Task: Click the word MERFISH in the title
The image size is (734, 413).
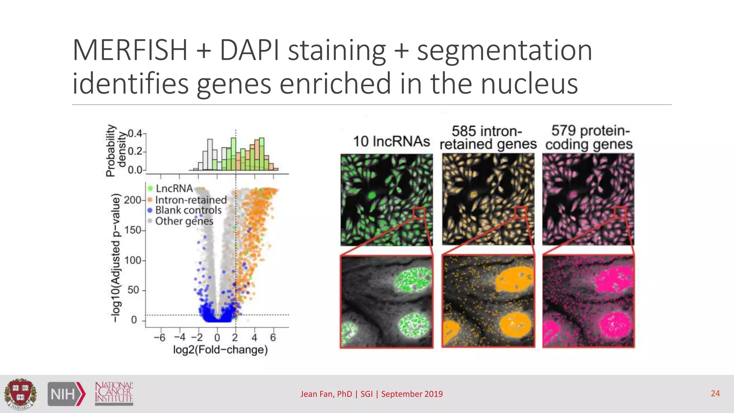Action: (x=130, y=51)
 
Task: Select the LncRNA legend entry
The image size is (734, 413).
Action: (x=174, y=189)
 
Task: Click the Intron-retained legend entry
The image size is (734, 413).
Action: (x=191, y=200)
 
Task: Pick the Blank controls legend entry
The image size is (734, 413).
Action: (x=188, y=210)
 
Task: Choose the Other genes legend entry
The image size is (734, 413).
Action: (x=184, y=221)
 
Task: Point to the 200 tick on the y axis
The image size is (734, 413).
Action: (x=132, y=200)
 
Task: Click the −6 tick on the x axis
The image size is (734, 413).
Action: (x=159, y=337)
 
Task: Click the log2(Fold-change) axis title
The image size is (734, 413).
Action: (x=220, y=350)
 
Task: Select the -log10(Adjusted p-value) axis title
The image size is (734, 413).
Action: (x=115, y=257)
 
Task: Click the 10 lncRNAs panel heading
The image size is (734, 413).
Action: (x=391, y=141)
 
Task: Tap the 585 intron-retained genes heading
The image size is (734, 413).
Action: (x=488, y=138)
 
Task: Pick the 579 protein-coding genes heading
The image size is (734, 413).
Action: (x=589, y=137)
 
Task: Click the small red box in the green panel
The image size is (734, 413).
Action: (x=418, y=213)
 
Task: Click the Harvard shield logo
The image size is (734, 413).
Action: (x=20, y=394)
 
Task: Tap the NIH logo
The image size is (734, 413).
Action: (x=67, y=394)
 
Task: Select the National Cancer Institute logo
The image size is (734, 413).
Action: (x=114, y=393)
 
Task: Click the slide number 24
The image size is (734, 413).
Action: (x=715, y=393)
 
